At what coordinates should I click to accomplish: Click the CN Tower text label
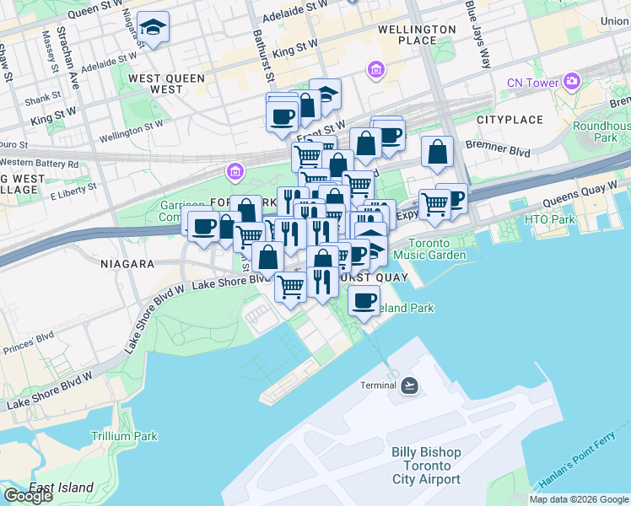pos(532,83)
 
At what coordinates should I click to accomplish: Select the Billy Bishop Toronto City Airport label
pos(426,466)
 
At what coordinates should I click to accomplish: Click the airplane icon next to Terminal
pos(409,385)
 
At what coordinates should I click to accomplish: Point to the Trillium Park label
pos(124,436)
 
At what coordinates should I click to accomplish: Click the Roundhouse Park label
pos(601,132)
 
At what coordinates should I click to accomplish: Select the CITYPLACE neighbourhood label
pos(510,120)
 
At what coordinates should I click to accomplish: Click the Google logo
pos(27,496)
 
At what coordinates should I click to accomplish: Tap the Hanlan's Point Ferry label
pos(581,468)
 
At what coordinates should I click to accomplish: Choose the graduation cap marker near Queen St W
pos(153,28)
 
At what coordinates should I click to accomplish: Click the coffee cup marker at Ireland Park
pos(364,299)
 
